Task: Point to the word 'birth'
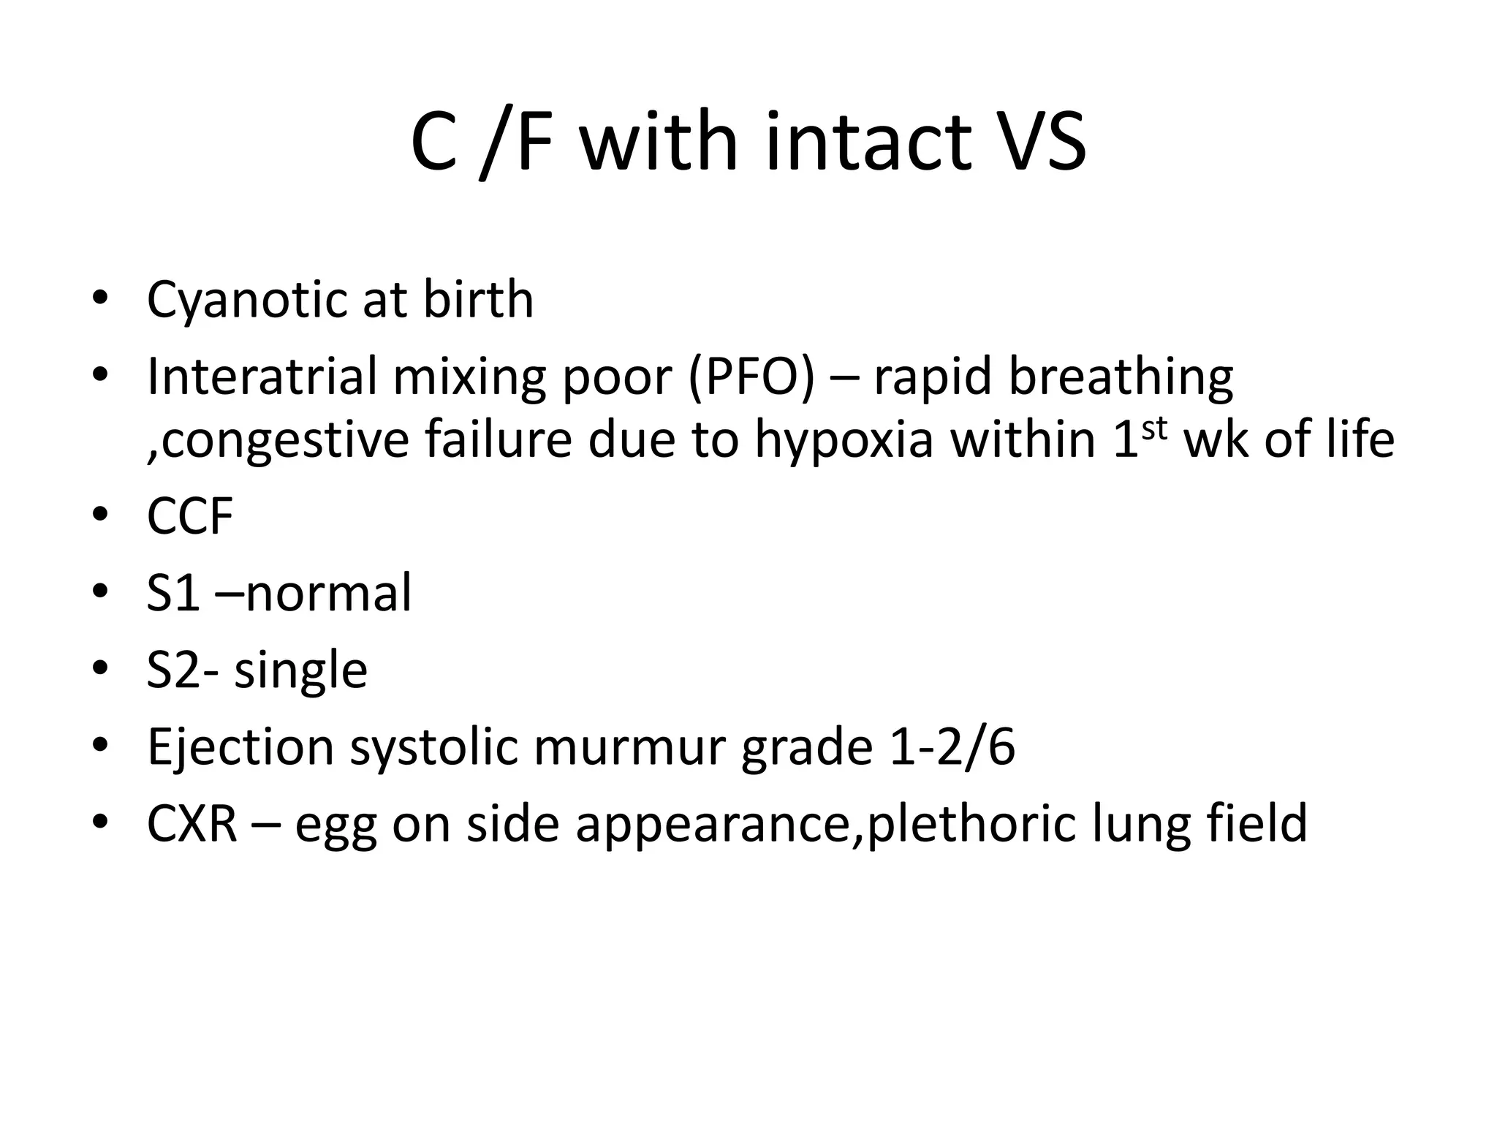[x=479, y=300]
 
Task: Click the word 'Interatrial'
[x=261, y=377]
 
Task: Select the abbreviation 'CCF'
[x=190, y=516]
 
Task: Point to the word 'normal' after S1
[x=329, y=593]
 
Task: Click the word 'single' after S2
[x=300, y=670]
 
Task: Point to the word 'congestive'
[x=285, y=442]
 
